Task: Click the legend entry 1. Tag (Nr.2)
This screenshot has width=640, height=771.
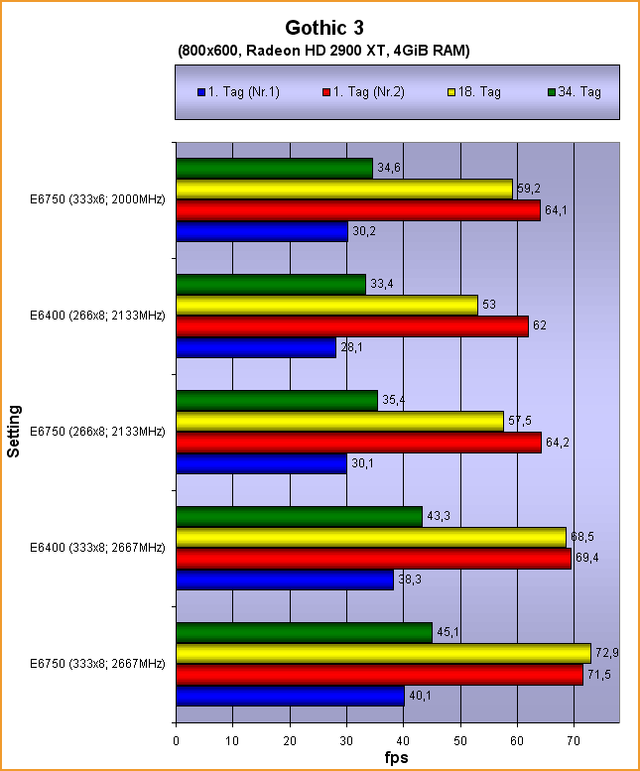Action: tap(370, 92)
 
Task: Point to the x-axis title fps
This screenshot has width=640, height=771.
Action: tap(397, 757)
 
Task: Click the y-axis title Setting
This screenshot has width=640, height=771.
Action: tap(14, 431)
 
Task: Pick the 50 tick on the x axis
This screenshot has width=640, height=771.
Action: tap(460, 739)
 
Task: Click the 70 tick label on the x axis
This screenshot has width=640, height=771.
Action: tap(574, 739)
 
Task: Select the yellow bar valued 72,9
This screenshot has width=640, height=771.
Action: tap(383, 653)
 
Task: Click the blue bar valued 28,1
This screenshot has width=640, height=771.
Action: tap(256, 348)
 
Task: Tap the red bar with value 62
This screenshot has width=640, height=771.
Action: tap(352, 325)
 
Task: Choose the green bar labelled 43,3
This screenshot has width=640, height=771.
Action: tap(299, 517)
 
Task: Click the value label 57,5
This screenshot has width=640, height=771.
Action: tap(519, 419)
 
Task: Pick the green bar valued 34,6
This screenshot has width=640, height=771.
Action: tap(274, 169)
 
